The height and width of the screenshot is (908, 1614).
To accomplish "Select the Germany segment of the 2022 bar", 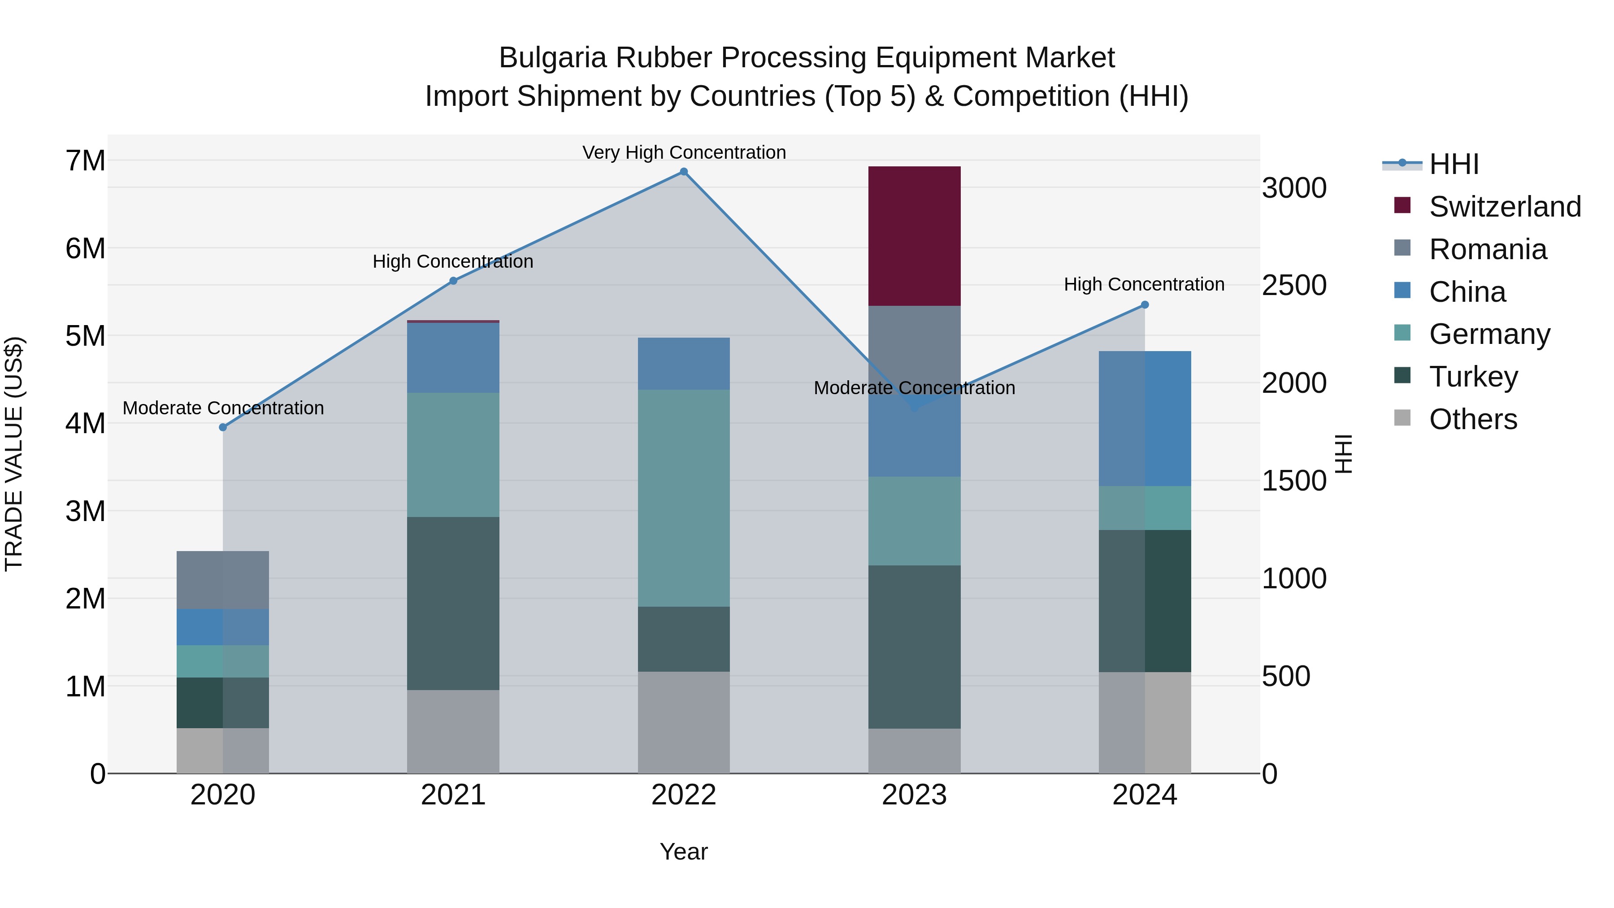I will pyautogui.click(x=684, y=498).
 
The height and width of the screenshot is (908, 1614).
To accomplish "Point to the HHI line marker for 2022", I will pyautogui.click(x=684, y=172).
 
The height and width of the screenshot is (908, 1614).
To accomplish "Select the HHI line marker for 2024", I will pyautogui.click(x=1145, y=304).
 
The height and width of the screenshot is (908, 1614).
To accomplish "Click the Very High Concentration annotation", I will pyautogui.click(x=684, y=152).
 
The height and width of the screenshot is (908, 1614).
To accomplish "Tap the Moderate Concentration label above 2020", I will pyautogui.click(x=223, y=408).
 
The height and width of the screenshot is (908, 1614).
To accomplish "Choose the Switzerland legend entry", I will pyautogui.click(x=1504, y=207).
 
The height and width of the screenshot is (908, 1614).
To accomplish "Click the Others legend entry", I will pyautogui.click(x=1472, y=419).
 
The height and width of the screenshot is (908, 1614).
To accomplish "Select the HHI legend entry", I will pyautogui.click(x=1453, y=164).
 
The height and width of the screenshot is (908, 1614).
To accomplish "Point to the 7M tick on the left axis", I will pyautogui.click(x=85, y=161).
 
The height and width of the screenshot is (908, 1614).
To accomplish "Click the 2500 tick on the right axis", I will pyautogui.click(x=1294, y=285).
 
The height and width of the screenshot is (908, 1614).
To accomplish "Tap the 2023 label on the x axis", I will pyautogui.click(x=914, y=795).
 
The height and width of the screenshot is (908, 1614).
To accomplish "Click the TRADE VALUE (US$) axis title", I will pyautogui.click(x=14, y=454).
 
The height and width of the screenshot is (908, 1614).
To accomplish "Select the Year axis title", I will pyautogui.click(x=684, y=852).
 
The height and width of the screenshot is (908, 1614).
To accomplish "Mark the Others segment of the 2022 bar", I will pyautogui.click(x=684, y=722).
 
